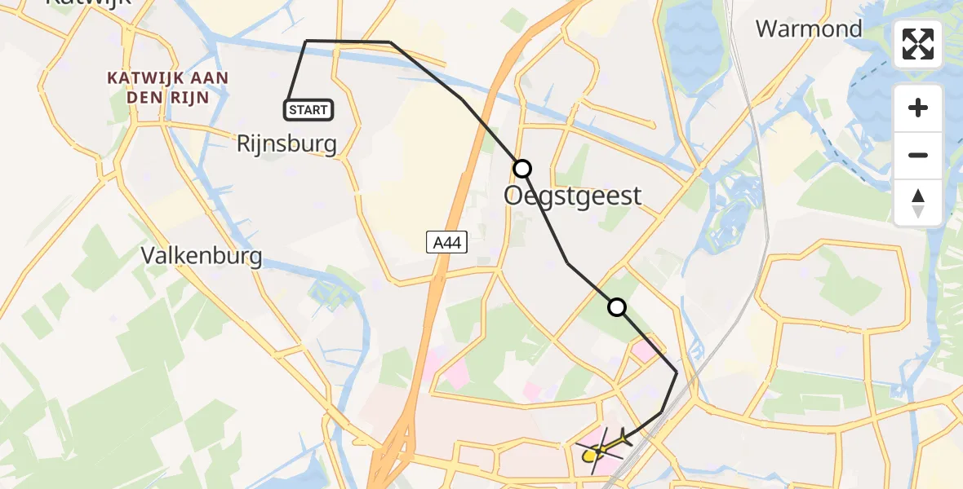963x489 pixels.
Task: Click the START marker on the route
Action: click(x=308, y=109)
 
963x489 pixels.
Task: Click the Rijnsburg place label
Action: click(x=286, y=144)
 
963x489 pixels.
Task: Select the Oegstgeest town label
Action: click(x=573, y=196)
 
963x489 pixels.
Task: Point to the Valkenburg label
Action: click(x=202, y=256)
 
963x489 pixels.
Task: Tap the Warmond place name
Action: click(x=808, y=29)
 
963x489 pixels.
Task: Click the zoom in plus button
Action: click(x=918, y=108)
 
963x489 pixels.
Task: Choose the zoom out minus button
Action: click(x=918, y=155)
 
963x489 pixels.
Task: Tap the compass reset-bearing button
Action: click(x=918, y=202)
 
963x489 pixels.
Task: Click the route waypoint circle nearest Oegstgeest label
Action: click(x=522, y=169)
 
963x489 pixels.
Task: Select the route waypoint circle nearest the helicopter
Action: click(x=617, y=307)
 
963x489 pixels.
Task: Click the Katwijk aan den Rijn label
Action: click(x=168, y=88)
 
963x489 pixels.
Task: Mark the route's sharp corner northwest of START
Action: click(x=307, y=41)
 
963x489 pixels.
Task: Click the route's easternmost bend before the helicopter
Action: click(x=677, y=372)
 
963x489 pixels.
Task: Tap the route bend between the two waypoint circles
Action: click(x=567, y=263)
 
